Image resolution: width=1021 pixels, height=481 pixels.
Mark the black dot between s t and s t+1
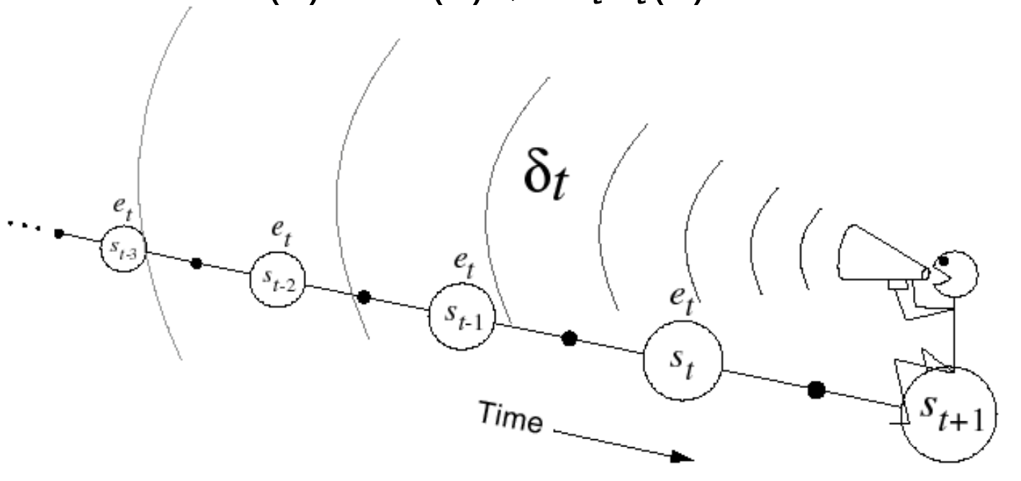pyautogui.click(x=816, y=390)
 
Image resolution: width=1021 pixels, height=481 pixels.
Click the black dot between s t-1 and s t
pyautogui.click(x=570, y=338)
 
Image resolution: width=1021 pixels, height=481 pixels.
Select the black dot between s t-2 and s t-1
pyautogui.click(x=365, y=297)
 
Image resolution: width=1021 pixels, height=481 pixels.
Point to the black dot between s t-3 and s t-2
pyautogui.click(x=196, y=264)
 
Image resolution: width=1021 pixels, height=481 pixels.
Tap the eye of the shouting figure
pyautogui.click(x=943, y=261)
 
